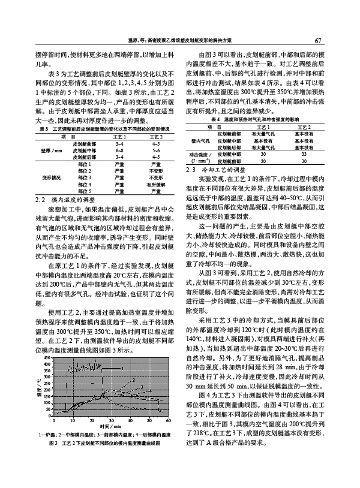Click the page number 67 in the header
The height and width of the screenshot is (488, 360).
(x=319, y=41)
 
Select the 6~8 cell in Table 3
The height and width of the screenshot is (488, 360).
(x=119, y=150)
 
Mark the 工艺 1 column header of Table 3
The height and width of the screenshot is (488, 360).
(x=119, y=137)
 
